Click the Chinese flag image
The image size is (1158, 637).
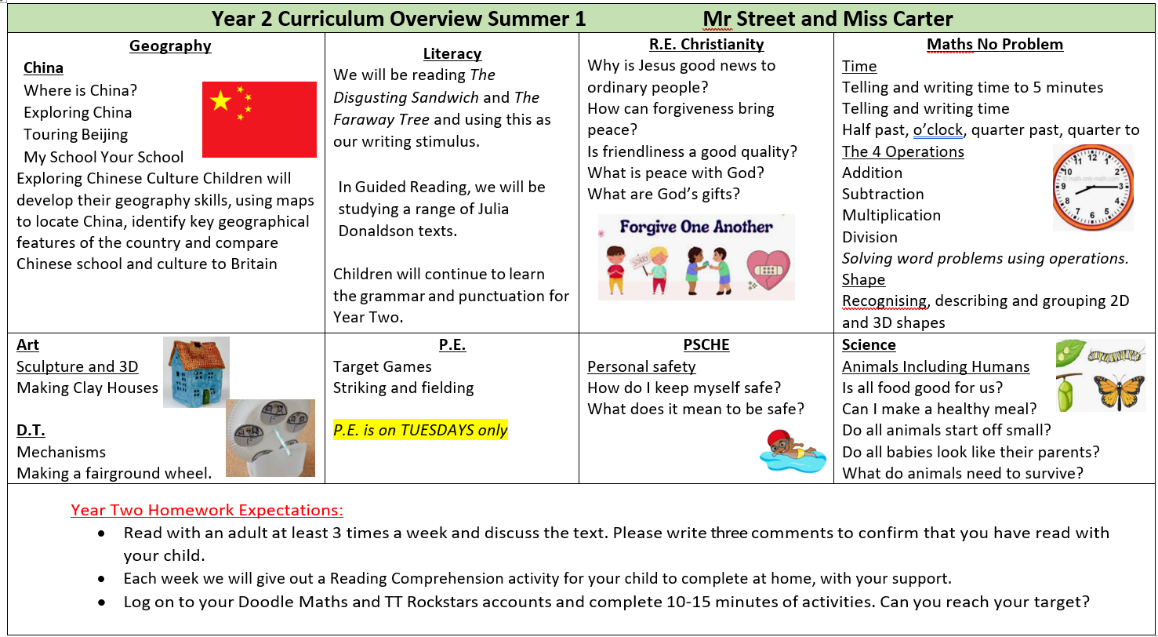[x=259, y=119]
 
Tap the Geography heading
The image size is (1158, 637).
[x=170, y=46]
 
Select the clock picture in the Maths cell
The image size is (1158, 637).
[x=1093, y=187]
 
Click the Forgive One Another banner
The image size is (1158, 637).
[x=696, y=257]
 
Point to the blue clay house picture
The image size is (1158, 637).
[x=196, y=372]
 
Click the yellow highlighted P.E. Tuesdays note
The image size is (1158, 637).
[x=420, y=430]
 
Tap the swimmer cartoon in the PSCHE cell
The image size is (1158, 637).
[x=793, y=450]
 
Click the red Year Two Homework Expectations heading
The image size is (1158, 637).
[x=207, y=510]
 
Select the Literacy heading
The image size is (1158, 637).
[x=452, y=54]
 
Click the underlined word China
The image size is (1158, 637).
[x=43, y=68]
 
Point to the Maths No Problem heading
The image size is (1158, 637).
[x=994, y=45]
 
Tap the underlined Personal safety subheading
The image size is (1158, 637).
[x=641, y=366]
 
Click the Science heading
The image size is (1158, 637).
[x=869, y=344]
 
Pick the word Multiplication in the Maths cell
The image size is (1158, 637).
[x=891, y=215]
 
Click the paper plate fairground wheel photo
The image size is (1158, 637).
[x=270, y=438]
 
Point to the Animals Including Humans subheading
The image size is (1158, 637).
[x=935, y=366]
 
